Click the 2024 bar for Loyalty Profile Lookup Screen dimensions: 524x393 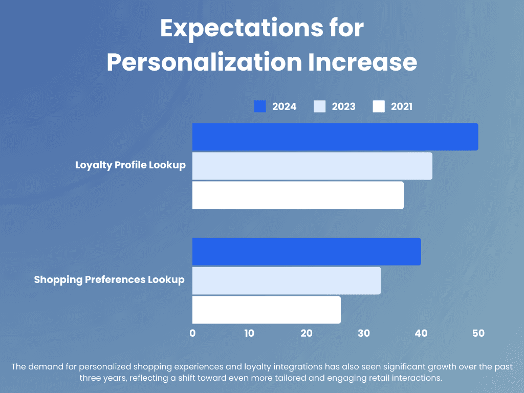click(335, 137)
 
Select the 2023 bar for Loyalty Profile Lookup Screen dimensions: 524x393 click(312, 166)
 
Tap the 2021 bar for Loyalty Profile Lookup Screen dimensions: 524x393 click(298, 195)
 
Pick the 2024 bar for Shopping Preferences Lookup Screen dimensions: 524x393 click(307, 252)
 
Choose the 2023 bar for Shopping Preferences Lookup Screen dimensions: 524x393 click(287, 281)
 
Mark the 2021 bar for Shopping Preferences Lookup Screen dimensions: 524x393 click(267, 310)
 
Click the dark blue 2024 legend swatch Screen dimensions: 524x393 click(260, 106)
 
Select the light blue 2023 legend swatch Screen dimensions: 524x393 click(319, 106)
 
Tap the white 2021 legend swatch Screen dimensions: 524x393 click(379, 106)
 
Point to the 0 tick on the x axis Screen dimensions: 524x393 click(192, 333)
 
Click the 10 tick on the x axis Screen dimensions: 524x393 click(249, 333)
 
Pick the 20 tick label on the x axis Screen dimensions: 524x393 click(307, 333)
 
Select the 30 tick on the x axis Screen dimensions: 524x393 click(364, 333)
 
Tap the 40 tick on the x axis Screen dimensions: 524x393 click(421, 333)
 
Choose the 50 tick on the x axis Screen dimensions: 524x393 click(478, 333)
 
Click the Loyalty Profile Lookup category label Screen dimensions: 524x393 click(130, 165)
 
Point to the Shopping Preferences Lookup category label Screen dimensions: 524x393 click(110, 280)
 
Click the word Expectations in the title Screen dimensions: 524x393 click(242, 28)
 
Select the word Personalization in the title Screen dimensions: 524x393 click(205, 62)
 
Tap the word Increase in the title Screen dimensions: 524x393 click(363, 62)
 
